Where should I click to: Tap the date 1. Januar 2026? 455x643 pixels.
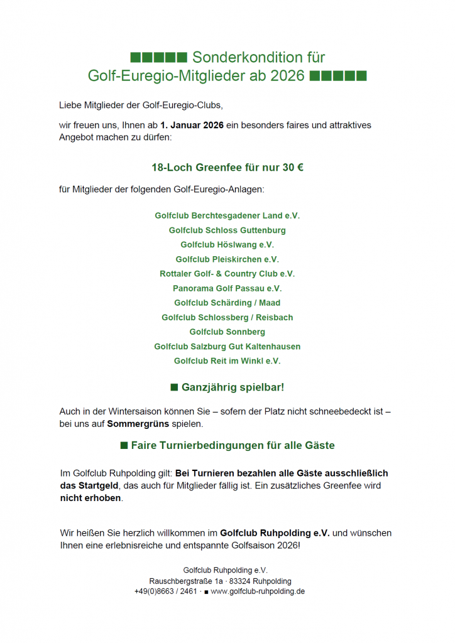click(x=192, y=125)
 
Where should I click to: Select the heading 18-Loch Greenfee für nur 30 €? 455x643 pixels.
click(x=227, y=168)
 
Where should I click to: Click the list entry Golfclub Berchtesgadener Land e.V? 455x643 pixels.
click(x=227, y=215)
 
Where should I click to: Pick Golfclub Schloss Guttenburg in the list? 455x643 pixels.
click(x=227, y=230)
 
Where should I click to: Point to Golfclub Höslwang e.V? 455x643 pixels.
click(x=227, y=245)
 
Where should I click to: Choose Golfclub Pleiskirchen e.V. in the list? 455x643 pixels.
click(x=227, y=259)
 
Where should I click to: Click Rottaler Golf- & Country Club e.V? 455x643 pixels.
click(x=227, y=274)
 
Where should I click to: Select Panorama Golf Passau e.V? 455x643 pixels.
click(x=227, y=288)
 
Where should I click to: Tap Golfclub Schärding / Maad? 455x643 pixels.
click(x=227, y=303)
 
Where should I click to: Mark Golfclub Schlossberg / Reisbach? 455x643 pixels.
click(x=227, y=318)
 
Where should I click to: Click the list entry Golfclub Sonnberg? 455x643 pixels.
click(x=227, y=332)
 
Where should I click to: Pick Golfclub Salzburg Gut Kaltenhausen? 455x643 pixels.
click(x=227, y=347)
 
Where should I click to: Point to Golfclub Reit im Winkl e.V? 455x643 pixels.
click(x=227, y=361)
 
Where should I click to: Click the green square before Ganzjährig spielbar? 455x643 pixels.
click(x=174, y=387)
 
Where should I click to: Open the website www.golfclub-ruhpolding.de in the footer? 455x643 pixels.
click(x=258, y=592)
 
